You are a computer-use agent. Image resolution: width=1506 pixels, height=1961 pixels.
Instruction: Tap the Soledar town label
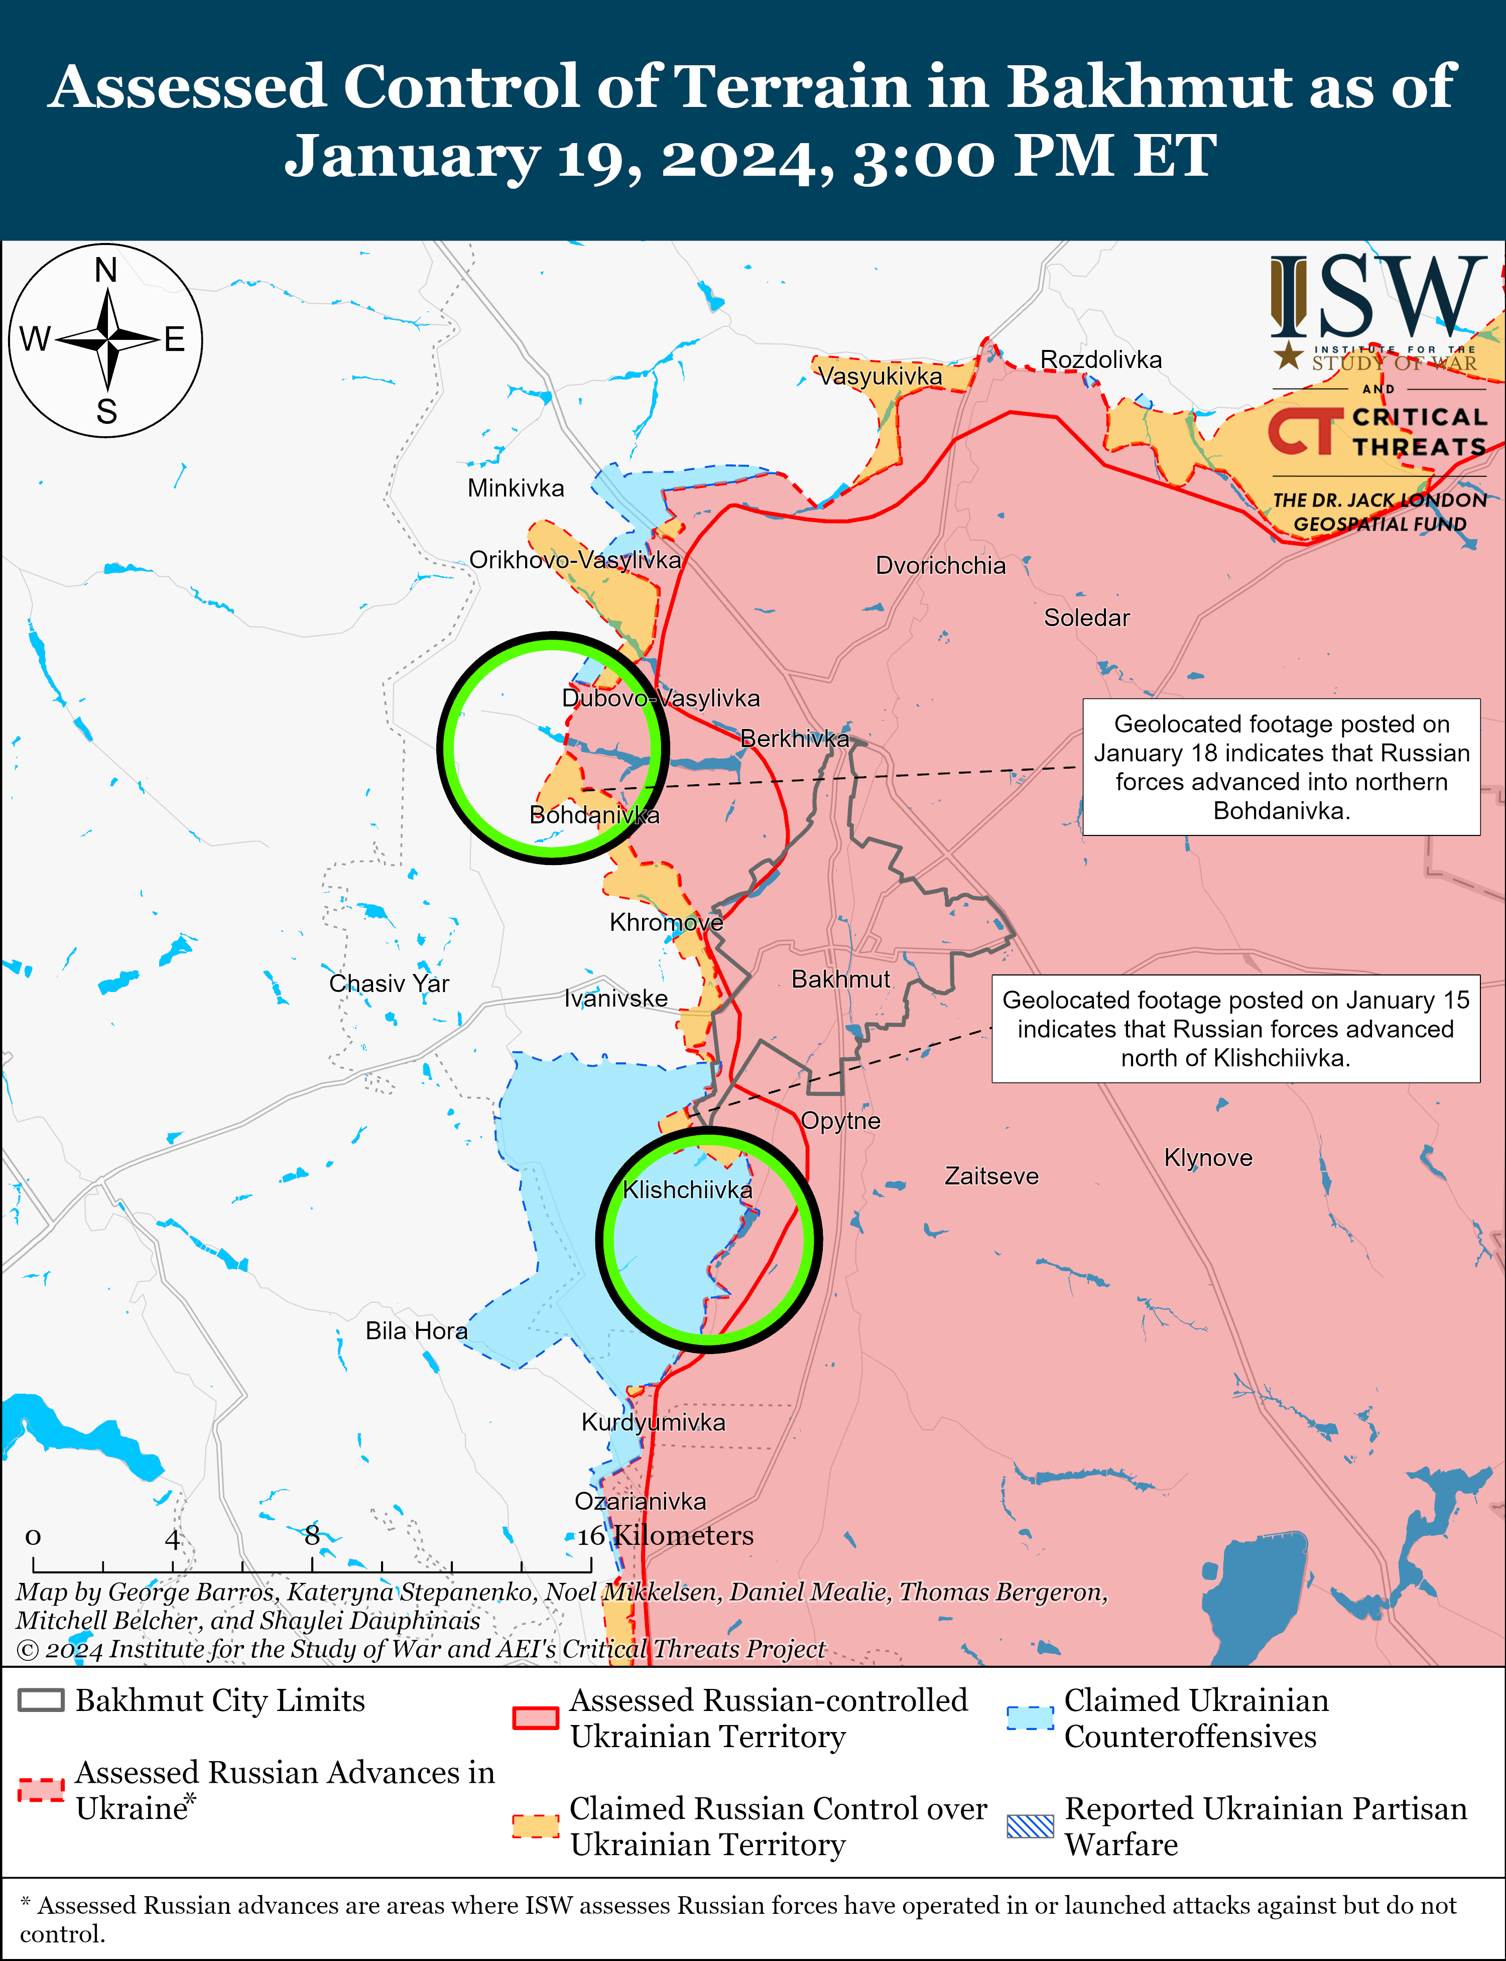1086,618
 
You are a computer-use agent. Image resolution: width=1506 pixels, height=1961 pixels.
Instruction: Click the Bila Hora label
416,1331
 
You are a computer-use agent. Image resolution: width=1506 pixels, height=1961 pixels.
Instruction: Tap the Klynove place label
1207,1157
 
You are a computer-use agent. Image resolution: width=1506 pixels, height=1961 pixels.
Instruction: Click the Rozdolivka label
1101,359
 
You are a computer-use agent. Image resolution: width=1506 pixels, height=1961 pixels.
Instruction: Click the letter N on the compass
106,270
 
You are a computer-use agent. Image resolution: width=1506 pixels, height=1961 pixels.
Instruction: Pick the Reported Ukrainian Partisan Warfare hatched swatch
1030,1825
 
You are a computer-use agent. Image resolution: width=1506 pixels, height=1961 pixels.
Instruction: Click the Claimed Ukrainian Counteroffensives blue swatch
1030,1717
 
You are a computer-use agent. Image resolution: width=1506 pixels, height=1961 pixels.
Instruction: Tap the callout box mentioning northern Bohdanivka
1281,767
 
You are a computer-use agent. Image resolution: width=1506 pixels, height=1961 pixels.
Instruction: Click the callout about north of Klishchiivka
1235,1029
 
